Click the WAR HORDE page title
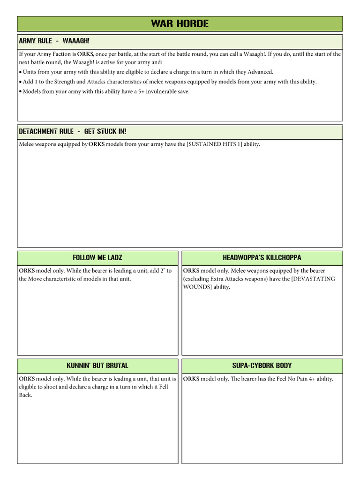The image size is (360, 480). coord(180,23)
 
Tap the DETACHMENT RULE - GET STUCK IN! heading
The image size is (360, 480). coord(72,132)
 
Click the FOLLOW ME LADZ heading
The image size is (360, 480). coord(97,258)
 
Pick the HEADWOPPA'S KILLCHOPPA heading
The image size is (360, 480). coord(262,258)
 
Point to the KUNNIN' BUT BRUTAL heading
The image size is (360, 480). coord(97,366)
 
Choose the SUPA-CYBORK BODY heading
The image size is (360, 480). coord(262,366)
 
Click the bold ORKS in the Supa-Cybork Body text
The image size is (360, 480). coord(191,379)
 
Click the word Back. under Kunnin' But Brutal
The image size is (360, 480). coord(26,395)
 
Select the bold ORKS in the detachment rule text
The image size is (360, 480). coord(97,144)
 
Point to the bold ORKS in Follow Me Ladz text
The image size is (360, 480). coord(27,271)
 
